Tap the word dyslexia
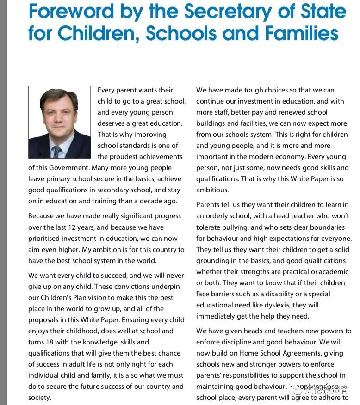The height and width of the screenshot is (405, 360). (290, 305)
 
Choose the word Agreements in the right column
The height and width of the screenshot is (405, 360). (321, 353)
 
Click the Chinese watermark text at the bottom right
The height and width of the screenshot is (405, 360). (327, 389)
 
